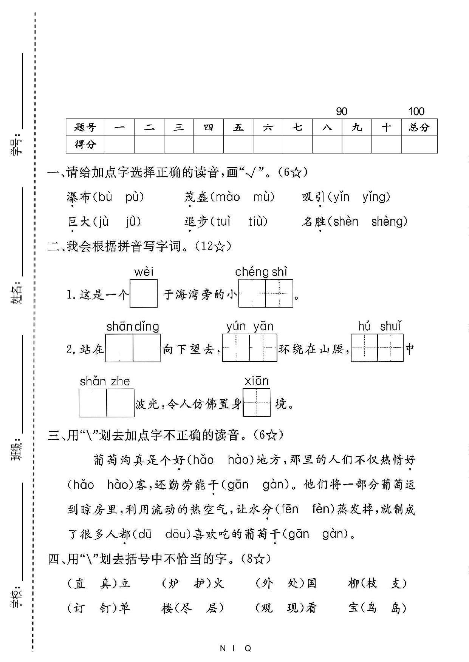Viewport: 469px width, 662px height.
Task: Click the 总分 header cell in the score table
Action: click(419, 127)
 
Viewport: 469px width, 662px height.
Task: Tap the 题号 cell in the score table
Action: click(85, 127)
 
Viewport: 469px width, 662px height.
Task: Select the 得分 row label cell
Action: click(85, 145)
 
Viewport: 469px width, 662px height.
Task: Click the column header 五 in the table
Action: click(238, 127)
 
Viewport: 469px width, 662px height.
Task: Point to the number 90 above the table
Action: click(341, 111)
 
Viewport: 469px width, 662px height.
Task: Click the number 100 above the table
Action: click(416, 111)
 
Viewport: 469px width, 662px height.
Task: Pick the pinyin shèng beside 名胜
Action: click(389, 222)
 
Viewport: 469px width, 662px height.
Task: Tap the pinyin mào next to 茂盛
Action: click(228, 197)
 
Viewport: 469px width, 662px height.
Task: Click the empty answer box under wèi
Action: click(144, 293)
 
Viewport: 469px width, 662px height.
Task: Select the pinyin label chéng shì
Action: click(261, 272)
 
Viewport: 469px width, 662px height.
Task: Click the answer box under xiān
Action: click(257, 403)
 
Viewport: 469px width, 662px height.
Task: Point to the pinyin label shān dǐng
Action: click(133, 326)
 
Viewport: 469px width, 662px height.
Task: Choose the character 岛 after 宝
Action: click(396, 608)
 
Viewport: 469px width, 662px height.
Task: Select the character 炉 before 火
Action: click(173, 583)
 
